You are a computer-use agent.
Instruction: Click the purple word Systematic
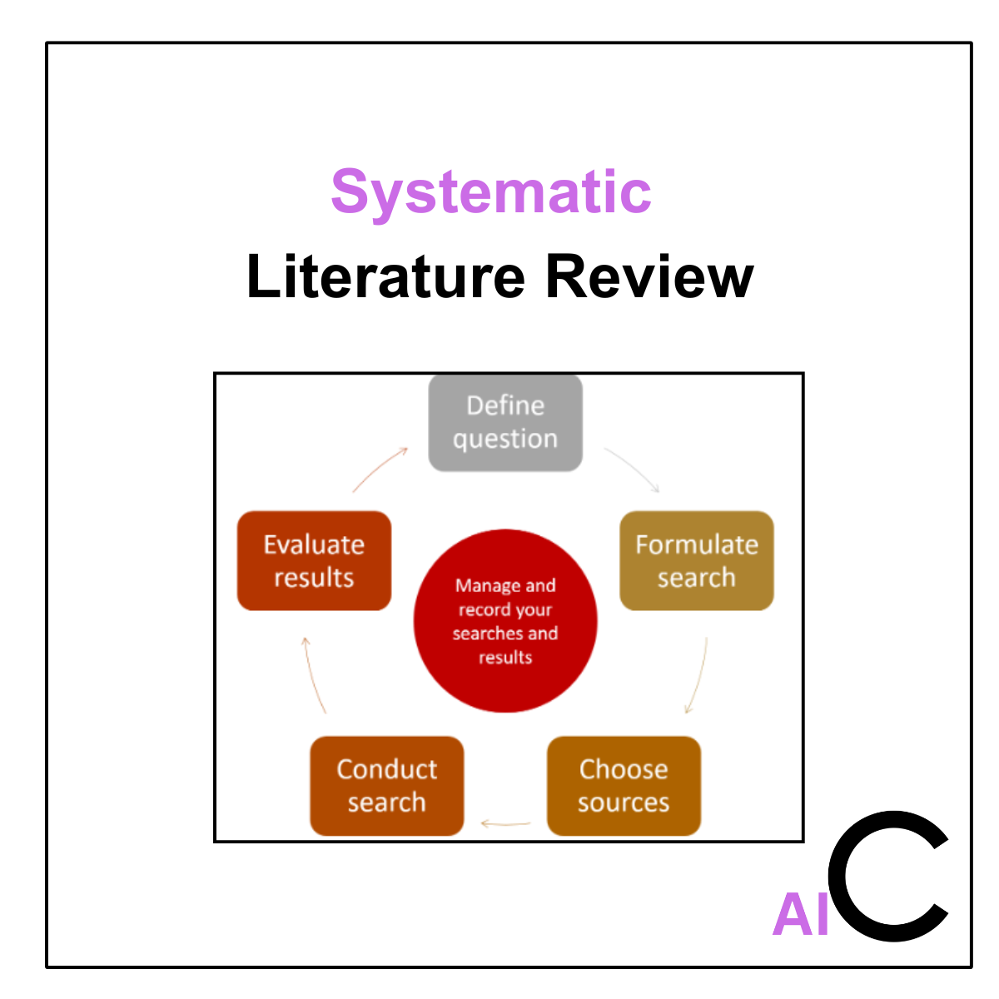point(490,192)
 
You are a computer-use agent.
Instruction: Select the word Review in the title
point(649,276)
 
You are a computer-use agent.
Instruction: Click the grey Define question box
point(504,422)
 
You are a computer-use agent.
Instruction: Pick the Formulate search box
point(697,560)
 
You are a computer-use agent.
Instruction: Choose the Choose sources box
point(624,785)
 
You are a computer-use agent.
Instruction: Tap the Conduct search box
point(386,785)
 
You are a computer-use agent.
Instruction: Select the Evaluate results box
point(314,560)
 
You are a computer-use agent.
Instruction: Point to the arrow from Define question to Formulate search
point(632,468)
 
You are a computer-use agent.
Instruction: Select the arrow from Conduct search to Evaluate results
point(313,674)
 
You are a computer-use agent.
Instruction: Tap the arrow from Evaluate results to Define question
point(380,469)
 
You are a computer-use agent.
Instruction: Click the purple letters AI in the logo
point(801,915)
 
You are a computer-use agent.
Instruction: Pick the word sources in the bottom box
point(624,803)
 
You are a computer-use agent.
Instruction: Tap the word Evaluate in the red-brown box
point(314,544)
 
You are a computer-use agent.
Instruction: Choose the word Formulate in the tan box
point(697,544)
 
